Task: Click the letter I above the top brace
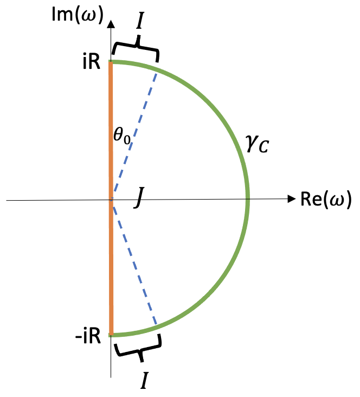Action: [x=139, y=22]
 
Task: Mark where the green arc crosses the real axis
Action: [x=248, y=200]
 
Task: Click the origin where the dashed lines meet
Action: [x=111, y=200]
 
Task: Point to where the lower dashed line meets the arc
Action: [x=157, y=328]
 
